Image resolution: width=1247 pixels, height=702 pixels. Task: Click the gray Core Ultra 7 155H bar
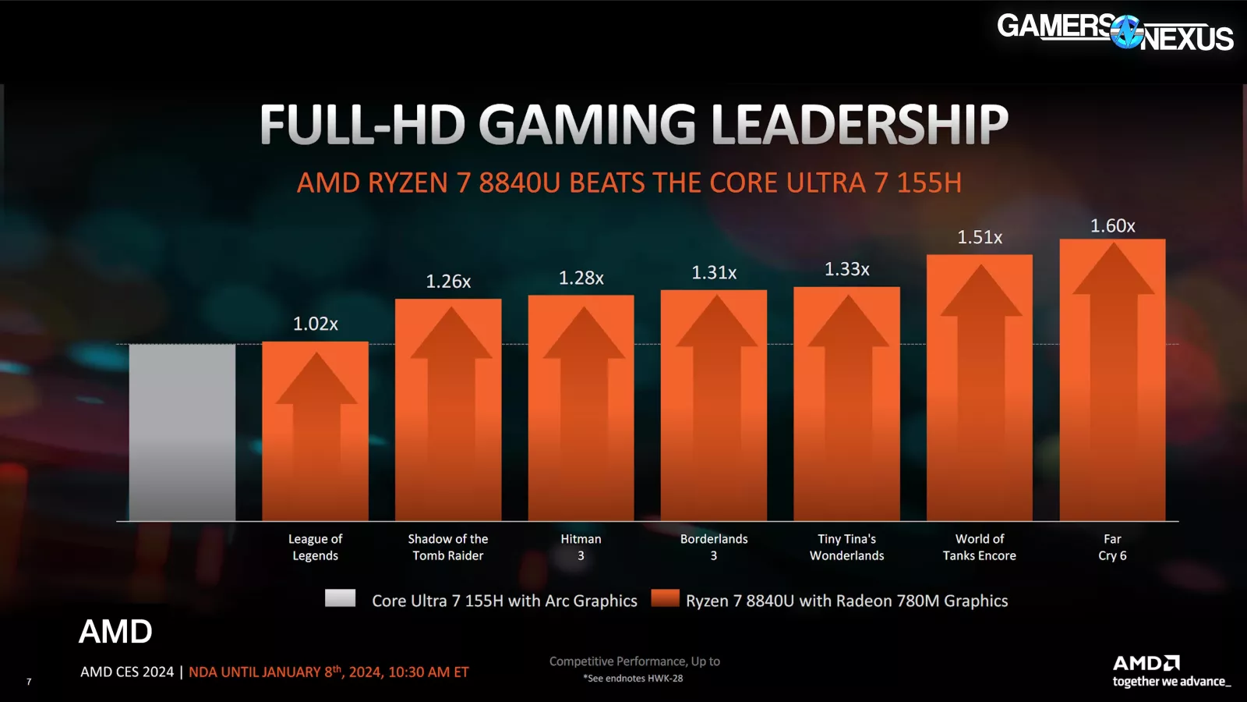click(182, 432)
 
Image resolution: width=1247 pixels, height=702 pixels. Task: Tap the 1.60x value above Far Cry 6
click(1112, 226)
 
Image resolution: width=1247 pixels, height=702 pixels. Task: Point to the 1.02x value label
click(315, 324)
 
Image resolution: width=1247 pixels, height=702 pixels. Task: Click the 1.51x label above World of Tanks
click(980, 237)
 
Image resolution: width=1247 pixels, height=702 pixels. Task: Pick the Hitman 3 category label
click(581, 547)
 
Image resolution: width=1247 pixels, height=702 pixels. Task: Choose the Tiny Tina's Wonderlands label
click(846, 547)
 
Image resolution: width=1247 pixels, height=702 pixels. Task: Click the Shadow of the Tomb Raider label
click(448, 547)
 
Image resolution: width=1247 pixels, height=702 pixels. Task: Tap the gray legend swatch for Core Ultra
click(340, 598)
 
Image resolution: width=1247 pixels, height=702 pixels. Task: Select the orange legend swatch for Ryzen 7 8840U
click(666, 598)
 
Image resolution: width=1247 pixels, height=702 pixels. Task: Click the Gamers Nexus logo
click(1115, 32)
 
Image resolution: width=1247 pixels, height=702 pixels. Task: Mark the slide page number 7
click(29, 682)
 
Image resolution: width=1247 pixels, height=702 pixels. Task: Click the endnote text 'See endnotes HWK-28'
click(634, 679)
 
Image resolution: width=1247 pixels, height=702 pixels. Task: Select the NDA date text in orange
click(329, 672)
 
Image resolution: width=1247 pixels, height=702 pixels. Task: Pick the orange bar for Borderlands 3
click(714, 421)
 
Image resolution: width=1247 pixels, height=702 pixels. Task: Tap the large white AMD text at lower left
click(115, 632)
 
